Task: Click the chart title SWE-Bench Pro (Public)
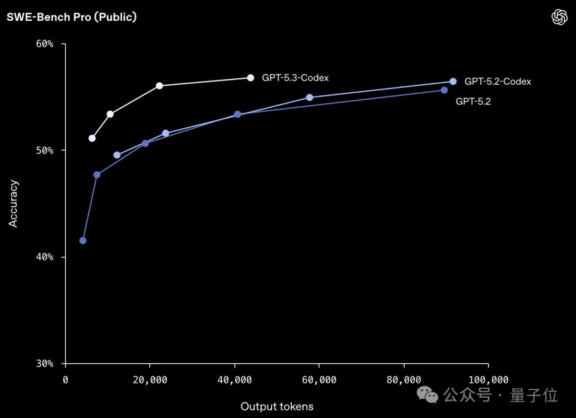(x=71, y=17)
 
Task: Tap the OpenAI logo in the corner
(x=559, y=17)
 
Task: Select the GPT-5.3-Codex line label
(x=295, y=78)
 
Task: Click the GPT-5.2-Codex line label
(x=498, y=82)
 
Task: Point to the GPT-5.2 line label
(x=473, y=101)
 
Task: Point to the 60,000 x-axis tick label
(x=319, y=380)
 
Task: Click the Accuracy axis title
(x=13, y=204)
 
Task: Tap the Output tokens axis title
(x=277, y=407)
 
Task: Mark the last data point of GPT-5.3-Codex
(x=250, y=78)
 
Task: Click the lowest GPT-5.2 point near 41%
(x=83, y=240)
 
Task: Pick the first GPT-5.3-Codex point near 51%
(x=92, y=138)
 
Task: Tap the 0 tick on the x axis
(x=66, y=380)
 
